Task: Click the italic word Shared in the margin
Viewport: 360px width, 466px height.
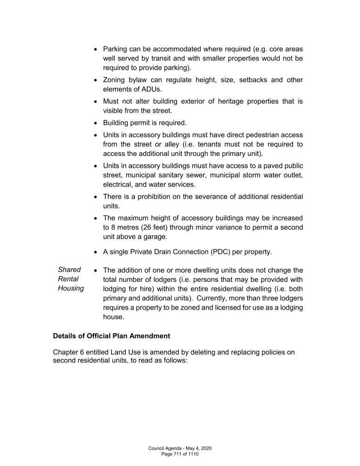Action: coord(69,270)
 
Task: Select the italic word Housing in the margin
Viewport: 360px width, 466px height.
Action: coord(71,289)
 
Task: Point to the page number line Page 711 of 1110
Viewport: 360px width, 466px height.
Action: coord(180,453)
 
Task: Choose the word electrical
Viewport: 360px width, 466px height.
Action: coord(119,184)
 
